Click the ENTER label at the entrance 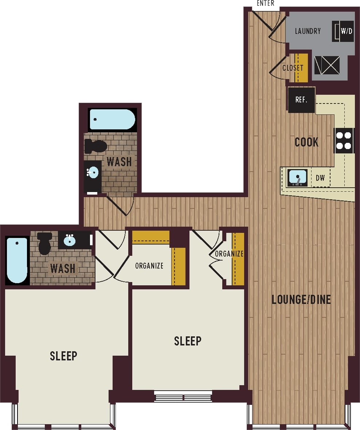(x=265, y=4)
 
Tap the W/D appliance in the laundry (x=343, y=31)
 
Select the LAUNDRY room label (x=308, y=31)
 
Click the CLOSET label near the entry (x=293, y=68)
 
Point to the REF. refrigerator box (x=301, y=100)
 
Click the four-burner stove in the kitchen (x=344, y=141)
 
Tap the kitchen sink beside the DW (x=298, y=177)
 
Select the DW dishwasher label (x=320, y=178)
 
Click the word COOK (x=306, y=142)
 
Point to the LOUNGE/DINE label (x=301, y=300)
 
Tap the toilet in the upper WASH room (x=96, y=146)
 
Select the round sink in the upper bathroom (x=93, y=172)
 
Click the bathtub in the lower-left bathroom (x=17, y=260)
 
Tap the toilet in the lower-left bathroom (x=45, y=243)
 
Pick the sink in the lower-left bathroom (x=70, y=240)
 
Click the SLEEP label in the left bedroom (x=63, y=356)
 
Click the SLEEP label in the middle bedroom (x=187, y=341)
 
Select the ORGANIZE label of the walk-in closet (x=149, y=266)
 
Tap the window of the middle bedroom (x=183, y=396)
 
